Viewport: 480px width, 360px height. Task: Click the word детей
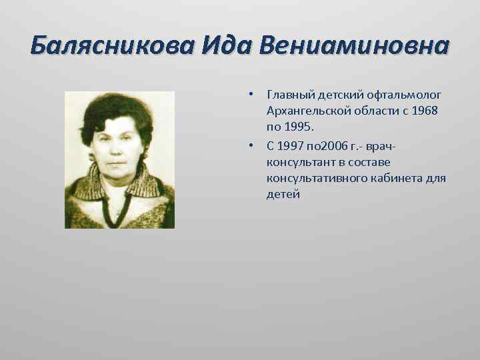[283, 195]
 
